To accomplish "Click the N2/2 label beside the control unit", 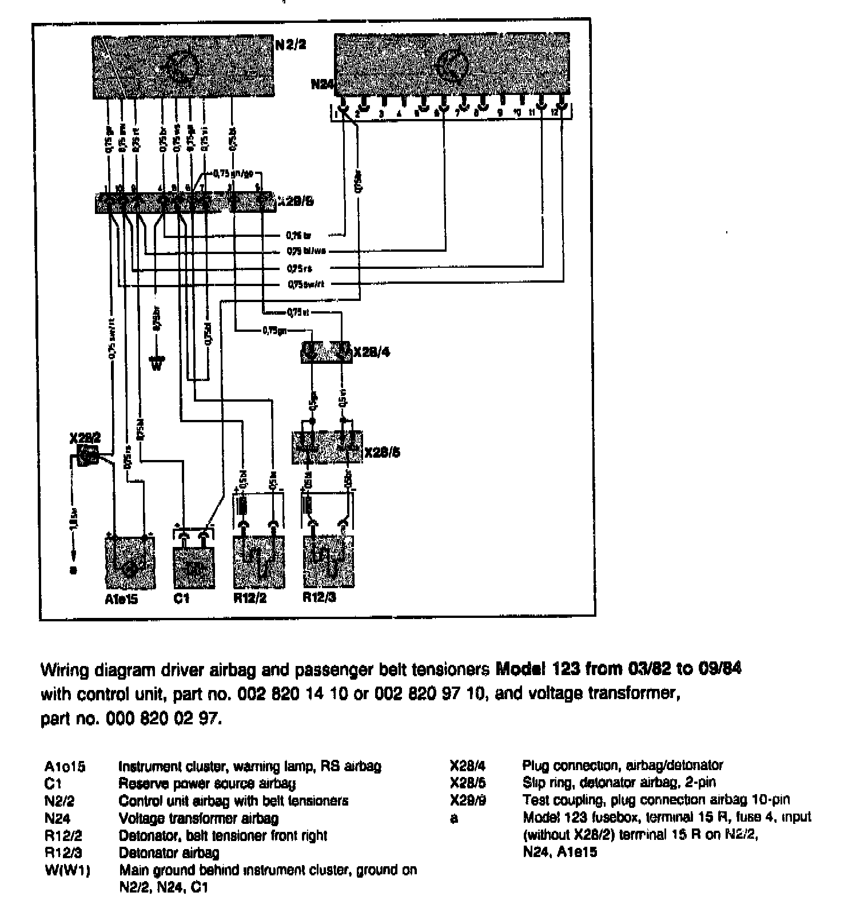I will [291, 44].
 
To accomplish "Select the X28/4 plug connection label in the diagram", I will [372, 352].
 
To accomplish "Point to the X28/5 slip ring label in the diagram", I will [382, 453].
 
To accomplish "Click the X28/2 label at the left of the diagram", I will [85, 438].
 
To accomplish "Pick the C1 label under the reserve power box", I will [181, 598].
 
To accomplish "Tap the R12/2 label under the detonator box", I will [250, 598].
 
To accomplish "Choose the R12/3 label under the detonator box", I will [319, 597].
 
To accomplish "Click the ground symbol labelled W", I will [156, 364].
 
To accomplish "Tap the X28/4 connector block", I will [326, 352].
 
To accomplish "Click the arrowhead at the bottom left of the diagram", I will [73, 554].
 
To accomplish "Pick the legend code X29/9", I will [468, 800].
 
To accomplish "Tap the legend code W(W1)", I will [67, 871].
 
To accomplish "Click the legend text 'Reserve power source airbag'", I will [207, 783].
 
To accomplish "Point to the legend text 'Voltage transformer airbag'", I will [198, 818].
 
